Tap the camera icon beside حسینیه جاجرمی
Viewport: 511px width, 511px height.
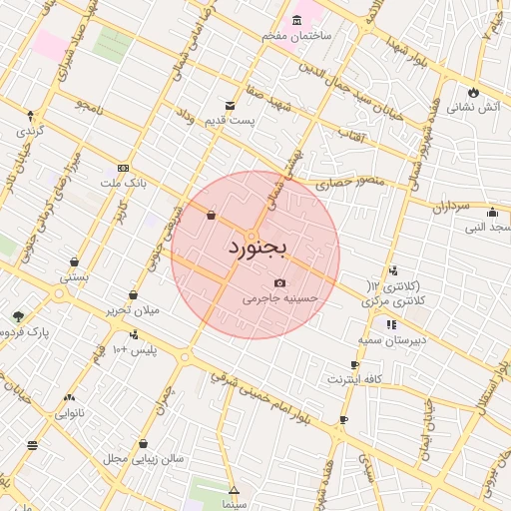(x=278, y=283)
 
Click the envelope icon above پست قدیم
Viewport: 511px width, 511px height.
(x=231, y=106)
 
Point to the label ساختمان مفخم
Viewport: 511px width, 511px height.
(x=296, y=35)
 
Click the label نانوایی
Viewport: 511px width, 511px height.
(x=69, y=410)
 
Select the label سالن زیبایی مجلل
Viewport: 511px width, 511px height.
(x=143, y=458)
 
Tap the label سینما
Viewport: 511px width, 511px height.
(x=234, y=505)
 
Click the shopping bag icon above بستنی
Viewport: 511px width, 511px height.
(x=74, y=262)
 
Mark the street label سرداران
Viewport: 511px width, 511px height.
(x=450, y=207)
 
